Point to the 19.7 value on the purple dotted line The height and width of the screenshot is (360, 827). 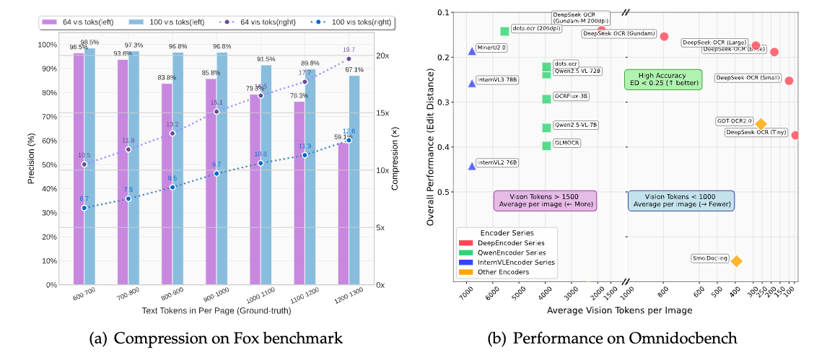(x=349, y=50)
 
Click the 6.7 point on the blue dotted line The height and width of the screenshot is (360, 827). (x=84, y=208)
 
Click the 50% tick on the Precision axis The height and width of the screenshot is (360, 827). (x=49, y=164)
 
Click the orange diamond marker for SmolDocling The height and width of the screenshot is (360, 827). (x=736, y=260)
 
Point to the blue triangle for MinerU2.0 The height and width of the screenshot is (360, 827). (x=472, y=51)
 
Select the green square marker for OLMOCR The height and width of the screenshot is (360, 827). (x=546, y=146)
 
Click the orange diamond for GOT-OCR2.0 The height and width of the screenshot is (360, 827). (x=761, y=124)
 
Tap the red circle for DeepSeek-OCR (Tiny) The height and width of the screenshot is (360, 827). (x=795, y=135)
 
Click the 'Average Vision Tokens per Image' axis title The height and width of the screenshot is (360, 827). (x=619, y=309)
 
